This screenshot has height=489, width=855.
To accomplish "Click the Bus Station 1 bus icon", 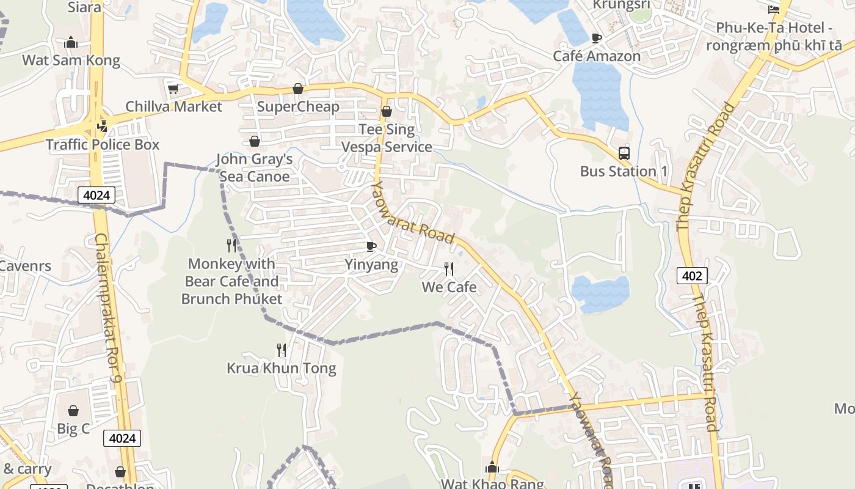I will [x=624, y=153].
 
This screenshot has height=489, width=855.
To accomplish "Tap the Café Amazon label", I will [x=597, y=56].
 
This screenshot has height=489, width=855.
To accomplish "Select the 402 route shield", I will [x=692, y=276].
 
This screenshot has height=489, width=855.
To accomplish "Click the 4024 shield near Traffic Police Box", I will [x=96, y=196].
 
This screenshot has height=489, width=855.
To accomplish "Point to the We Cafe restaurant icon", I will [x=449, y=269].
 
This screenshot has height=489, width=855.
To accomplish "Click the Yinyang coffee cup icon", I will [x=371, y=246].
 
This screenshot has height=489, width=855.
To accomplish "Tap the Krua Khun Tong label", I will [x=281, y=368].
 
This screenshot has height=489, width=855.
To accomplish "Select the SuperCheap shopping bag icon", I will [x=297, y=89].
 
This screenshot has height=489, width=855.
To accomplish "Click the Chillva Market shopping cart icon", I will [x=173, y=89].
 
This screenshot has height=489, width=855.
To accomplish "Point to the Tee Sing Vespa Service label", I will [x=387, y=138].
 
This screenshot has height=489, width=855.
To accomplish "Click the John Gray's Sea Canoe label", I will [x=254, y=168].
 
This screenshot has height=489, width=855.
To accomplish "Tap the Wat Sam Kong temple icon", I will [x=71, y=42].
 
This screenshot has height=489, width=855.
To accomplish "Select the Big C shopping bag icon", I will [x=73, y=411].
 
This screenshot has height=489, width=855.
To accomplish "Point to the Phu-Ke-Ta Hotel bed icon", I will [x=774, y=9].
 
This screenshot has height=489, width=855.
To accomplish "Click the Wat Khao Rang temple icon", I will [x=492, y=468].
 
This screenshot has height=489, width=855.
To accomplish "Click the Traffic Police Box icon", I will [x=103, y=126].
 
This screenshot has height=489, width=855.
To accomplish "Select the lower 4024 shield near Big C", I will [x=122, y=438].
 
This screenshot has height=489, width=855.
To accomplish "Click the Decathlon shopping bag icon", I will [x=120, y=472].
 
